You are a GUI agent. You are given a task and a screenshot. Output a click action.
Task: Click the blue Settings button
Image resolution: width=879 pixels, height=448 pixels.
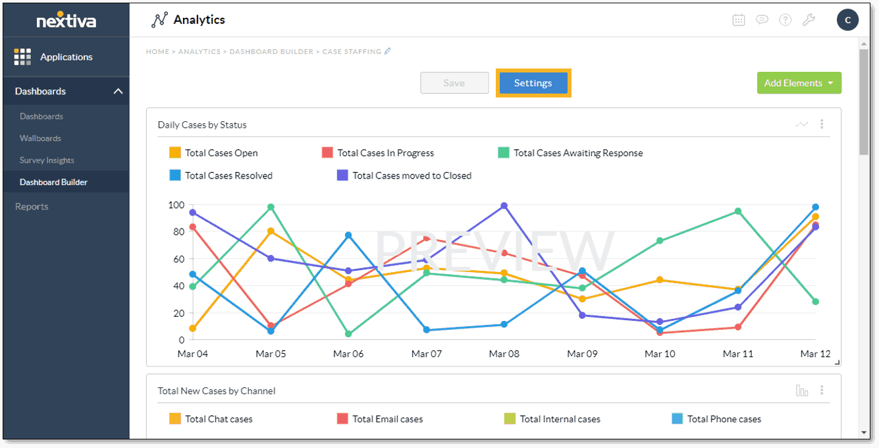(x=533, y=83)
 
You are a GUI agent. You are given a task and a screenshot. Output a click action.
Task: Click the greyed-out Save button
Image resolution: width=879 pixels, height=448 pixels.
(x=454, y=83)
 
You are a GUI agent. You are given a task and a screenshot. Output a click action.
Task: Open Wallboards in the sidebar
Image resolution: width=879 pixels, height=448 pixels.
(x=40, y=138)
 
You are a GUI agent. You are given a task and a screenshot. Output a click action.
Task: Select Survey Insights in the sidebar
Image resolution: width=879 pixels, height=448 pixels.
(x=47, y=160)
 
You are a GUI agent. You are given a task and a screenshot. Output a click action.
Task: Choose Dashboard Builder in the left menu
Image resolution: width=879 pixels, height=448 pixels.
(x=53, y=182)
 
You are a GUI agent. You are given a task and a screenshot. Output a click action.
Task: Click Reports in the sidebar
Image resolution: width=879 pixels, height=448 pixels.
(x=32, y=206)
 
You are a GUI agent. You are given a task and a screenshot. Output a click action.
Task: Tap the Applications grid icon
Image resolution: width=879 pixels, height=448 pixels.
(x=22, y=57)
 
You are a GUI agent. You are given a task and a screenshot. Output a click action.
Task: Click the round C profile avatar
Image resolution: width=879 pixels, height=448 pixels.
(x=847, y=20)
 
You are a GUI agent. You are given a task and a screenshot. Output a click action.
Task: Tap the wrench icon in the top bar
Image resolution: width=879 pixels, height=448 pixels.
(x=809, y=20)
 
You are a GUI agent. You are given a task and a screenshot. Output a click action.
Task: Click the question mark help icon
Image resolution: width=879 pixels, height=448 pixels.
(x=785, y=20)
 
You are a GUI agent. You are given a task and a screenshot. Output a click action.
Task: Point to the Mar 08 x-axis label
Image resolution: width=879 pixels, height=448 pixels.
(x=504, y=354)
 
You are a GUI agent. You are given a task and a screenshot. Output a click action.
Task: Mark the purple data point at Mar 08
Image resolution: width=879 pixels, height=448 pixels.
(x=504, y=206)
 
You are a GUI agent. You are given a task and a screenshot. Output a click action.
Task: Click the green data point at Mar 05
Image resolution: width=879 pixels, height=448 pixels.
(x=271, y=207)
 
